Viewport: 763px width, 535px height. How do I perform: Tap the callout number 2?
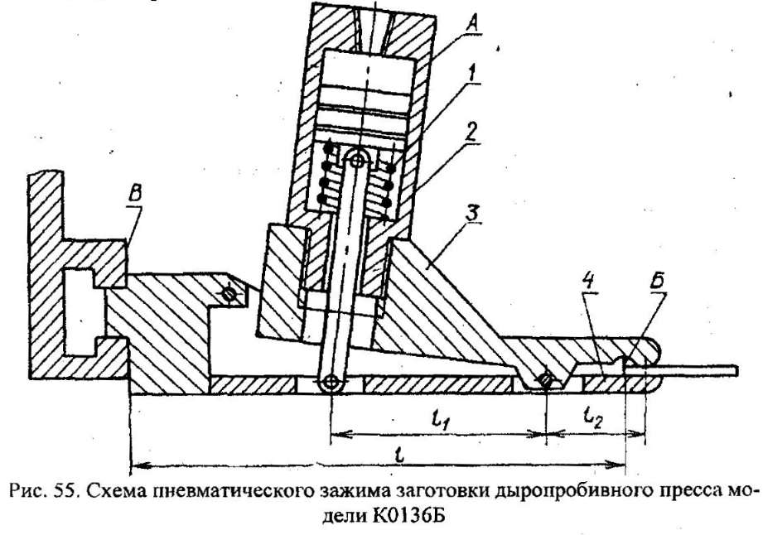pos(471,133)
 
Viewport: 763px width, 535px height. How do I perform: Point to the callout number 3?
pos(473,214)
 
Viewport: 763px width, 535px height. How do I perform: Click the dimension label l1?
pos(440,419)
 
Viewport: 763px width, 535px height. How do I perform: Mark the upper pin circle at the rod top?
pos(359,157)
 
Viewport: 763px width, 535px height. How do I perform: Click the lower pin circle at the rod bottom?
pos(331,383)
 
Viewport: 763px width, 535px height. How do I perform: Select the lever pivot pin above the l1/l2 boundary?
pos(546,378)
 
